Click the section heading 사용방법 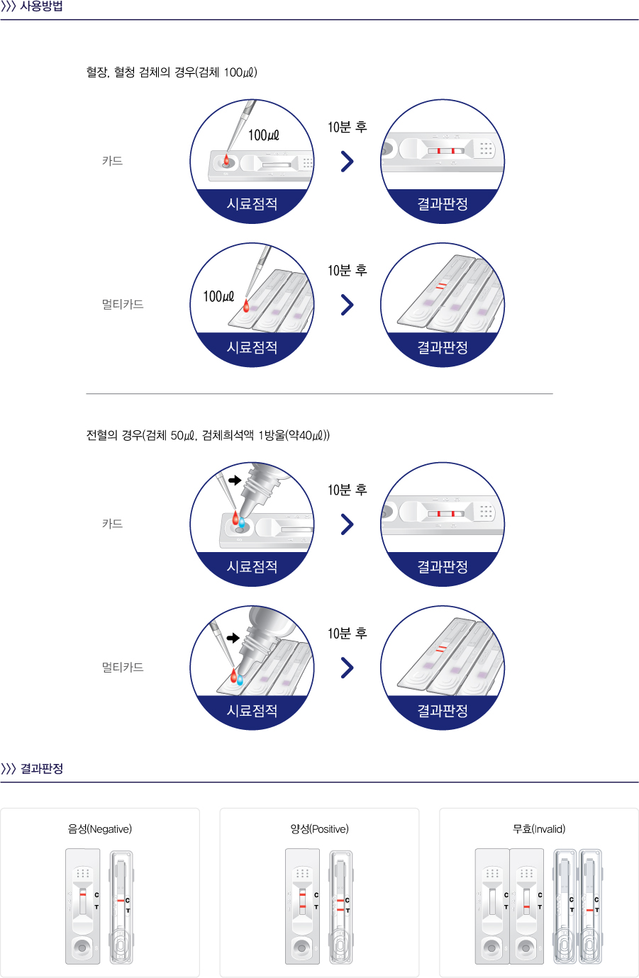click(x=42, y=6)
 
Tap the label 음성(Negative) click(x=100, y=828)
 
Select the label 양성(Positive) click(x=319, y=828)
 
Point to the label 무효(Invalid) click(x=539, y=828)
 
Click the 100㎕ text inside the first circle click(x=264, y=135)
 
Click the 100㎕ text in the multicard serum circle click(x=218, y=296)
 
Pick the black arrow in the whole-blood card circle click(x=235, y=480)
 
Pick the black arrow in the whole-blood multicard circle click(x=233, y=638)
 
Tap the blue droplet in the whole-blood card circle click(x=242, y=522)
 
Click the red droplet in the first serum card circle click(x=226, y=159)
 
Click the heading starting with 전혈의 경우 click(x=208, y=435)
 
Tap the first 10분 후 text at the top click(x=348, y=127)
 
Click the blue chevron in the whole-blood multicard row click(x=347, y=668)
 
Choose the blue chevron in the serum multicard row click(x=347, y=305)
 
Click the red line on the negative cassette click(x=82, y=894)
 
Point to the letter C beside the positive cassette click(x=316, y=895)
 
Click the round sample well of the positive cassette click(x=301, y=948)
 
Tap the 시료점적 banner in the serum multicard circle click(x=252, y=347)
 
